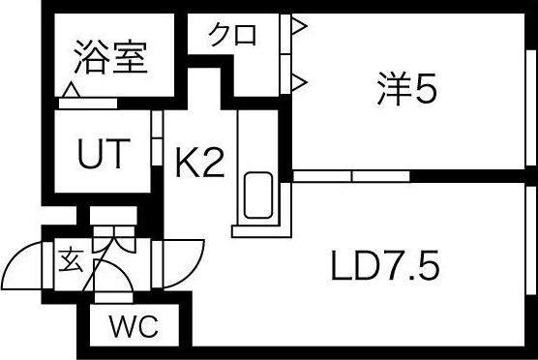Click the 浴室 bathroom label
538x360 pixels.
pos(110,58)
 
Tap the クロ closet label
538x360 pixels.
pos(233,37)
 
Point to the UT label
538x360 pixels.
pos(101,155)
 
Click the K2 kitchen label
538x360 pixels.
pos(199,164)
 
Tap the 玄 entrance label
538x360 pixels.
pos(71,259)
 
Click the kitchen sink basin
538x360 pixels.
pos(257,195)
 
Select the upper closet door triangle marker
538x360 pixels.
pos(299,28)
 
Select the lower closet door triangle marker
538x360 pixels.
pos(299,78)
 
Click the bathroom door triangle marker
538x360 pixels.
pos(71,92)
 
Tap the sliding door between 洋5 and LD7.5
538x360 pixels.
pos(351,176)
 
